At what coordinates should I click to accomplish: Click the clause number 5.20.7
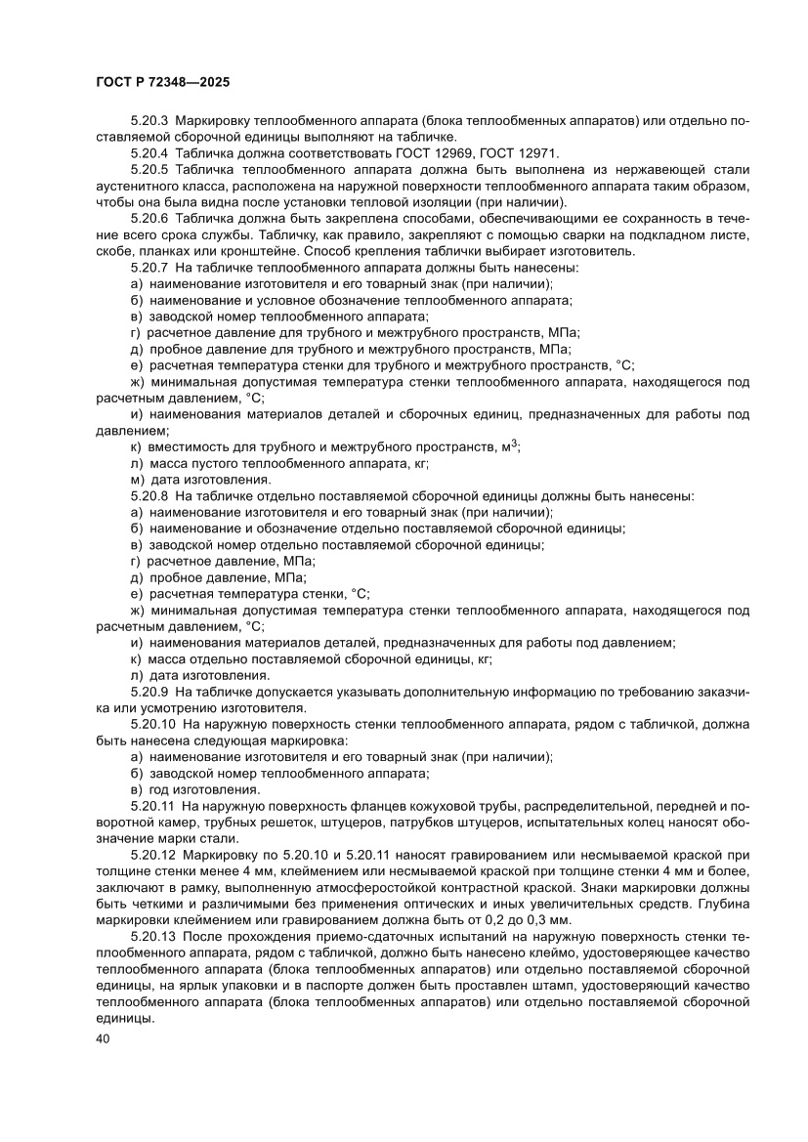tap(149, 267)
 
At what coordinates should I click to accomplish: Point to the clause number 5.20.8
tap(149, 495)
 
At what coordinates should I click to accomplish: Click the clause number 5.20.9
tap(149, 692)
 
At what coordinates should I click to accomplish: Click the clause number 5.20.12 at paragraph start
tap(153, 854)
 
